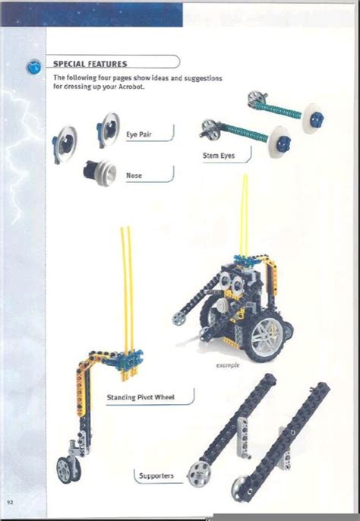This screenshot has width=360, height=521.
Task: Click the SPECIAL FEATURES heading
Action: point(90,64)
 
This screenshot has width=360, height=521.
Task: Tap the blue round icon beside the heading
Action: point(33,65)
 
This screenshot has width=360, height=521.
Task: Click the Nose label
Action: point(134,175)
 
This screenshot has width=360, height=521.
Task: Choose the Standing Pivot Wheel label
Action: point(141,396)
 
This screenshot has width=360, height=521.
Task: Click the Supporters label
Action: point(156,476)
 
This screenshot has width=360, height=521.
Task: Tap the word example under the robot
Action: point(228,365)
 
